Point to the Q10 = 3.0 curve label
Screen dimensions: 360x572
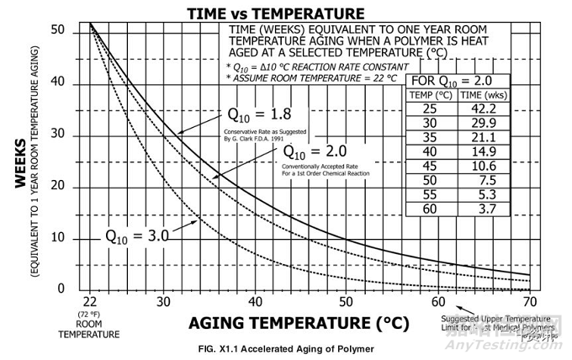pos(137,235)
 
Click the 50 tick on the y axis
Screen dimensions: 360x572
pos(57,30)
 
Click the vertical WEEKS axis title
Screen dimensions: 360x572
pos(19,160)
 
